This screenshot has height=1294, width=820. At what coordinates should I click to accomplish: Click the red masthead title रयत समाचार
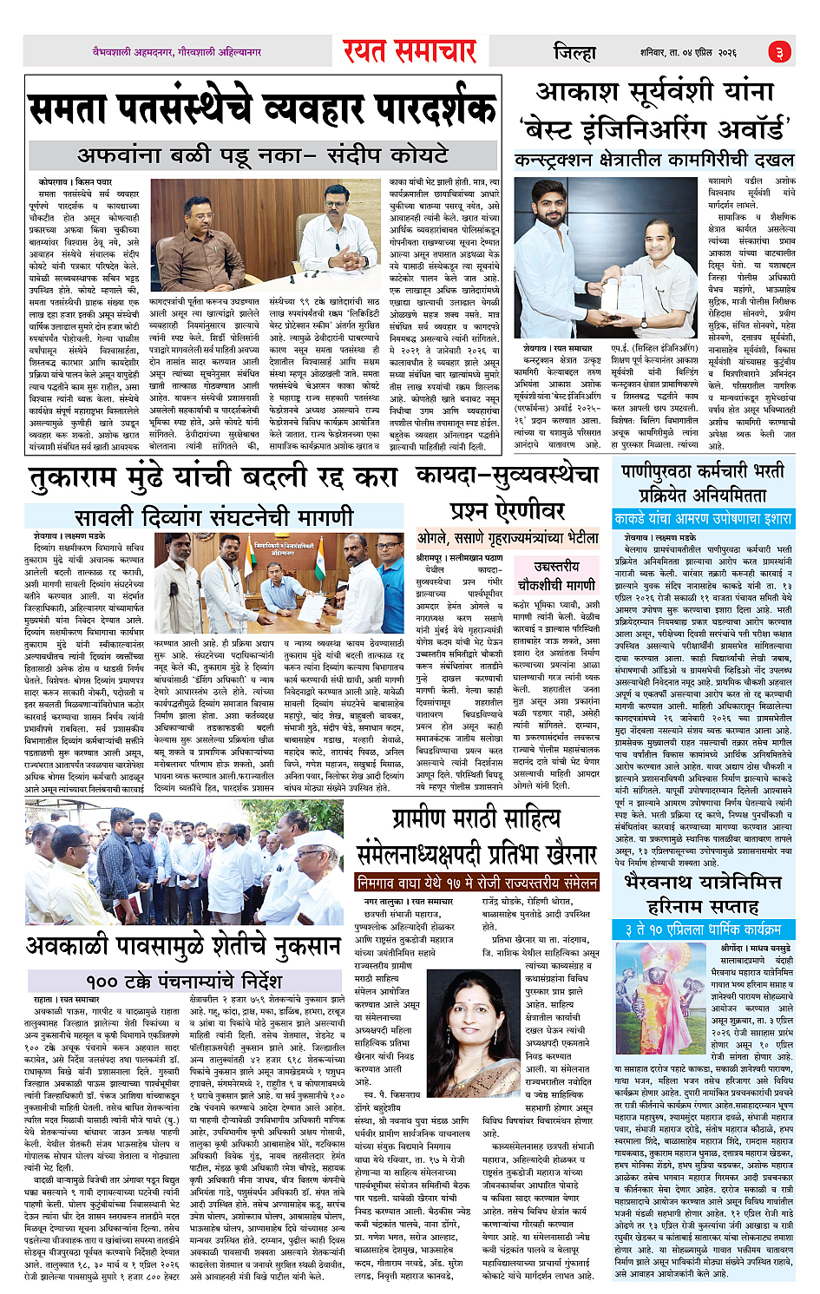[409, 51]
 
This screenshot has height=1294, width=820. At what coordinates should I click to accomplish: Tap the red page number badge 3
[780, 52]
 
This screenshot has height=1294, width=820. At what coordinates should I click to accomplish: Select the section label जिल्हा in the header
[574, 52]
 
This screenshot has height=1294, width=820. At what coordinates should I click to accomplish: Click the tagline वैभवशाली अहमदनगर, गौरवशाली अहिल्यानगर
[177, 52]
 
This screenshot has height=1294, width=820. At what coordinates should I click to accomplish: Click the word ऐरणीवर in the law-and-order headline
[508, 509]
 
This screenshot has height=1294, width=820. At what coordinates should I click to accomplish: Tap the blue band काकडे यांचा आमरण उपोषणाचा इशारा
[703, 519]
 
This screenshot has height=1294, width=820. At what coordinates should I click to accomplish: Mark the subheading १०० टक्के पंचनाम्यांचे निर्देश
[183, 982]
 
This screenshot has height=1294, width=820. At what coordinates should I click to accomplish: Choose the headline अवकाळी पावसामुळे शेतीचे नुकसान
[182, 946]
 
